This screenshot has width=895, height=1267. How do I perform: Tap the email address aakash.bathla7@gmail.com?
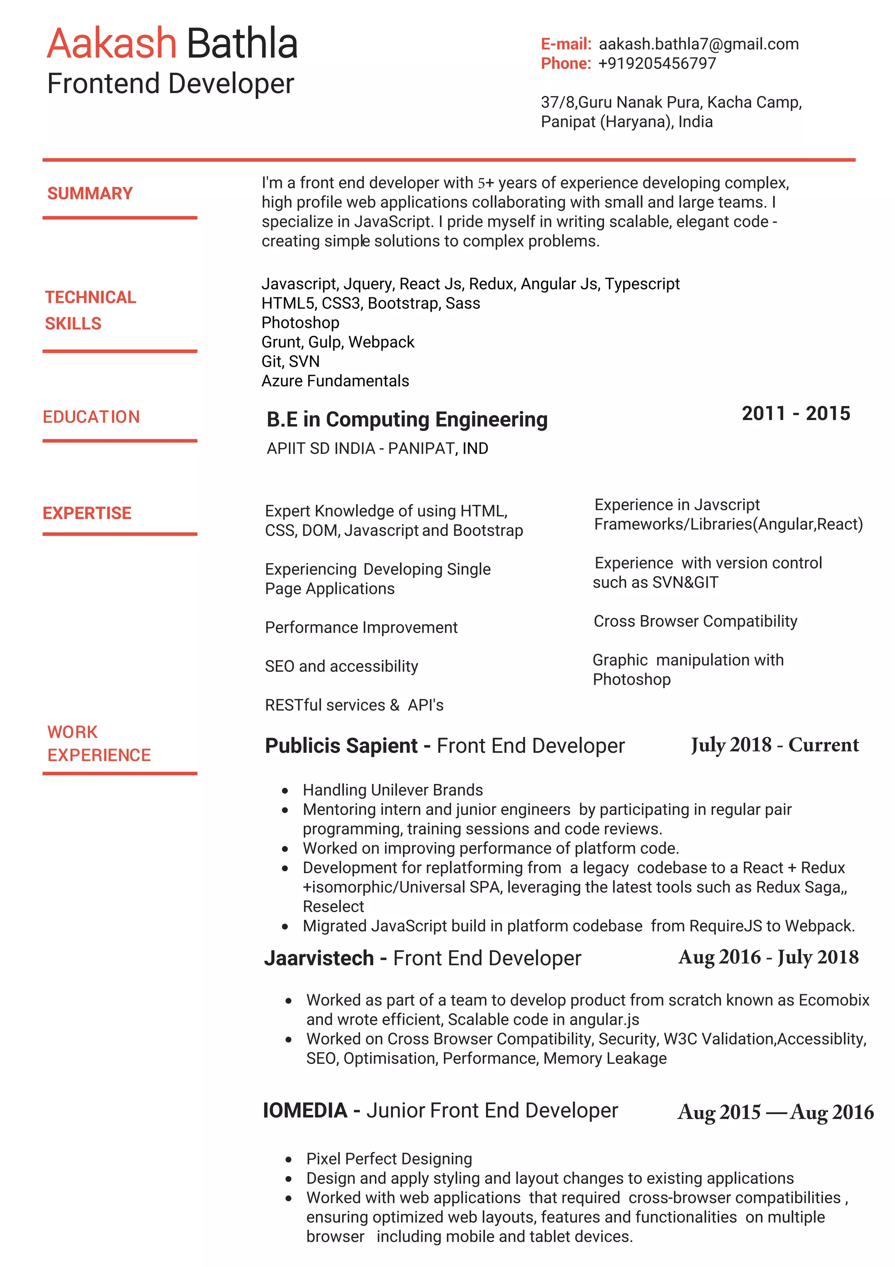(698, 44)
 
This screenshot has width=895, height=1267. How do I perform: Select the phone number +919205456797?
(657, 63)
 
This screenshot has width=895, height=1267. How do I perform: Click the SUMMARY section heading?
(90, 193)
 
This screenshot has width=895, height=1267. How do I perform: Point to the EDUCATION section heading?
(91, 417)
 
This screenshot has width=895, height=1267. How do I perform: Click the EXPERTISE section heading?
(87, 513)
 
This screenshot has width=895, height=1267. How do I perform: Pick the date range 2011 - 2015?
(795, 413)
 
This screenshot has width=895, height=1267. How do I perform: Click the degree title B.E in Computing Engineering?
(407, 419)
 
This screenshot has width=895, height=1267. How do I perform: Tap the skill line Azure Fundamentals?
(335, 381)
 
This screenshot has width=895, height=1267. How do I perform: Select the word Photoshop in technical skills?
(300, 322)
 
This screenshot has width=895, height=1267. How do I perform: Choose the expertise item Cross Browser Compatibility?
(695, 621)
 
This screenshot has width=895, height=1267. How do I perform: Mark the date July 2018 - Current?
(774, 745)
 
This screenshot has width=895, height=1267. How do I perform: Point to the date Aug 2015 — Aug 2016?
(775, 1112)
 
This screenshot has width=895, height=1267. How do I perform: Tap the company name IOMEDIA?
(305, 1110)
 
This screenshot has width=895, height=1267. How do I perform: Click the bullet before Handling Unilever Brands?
(284, 791)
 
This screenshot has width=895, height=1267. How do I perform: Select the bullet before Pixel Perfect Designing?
(288, 1159)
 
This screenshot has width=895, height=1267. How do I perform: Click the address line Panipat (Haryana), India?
(626, 122)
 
